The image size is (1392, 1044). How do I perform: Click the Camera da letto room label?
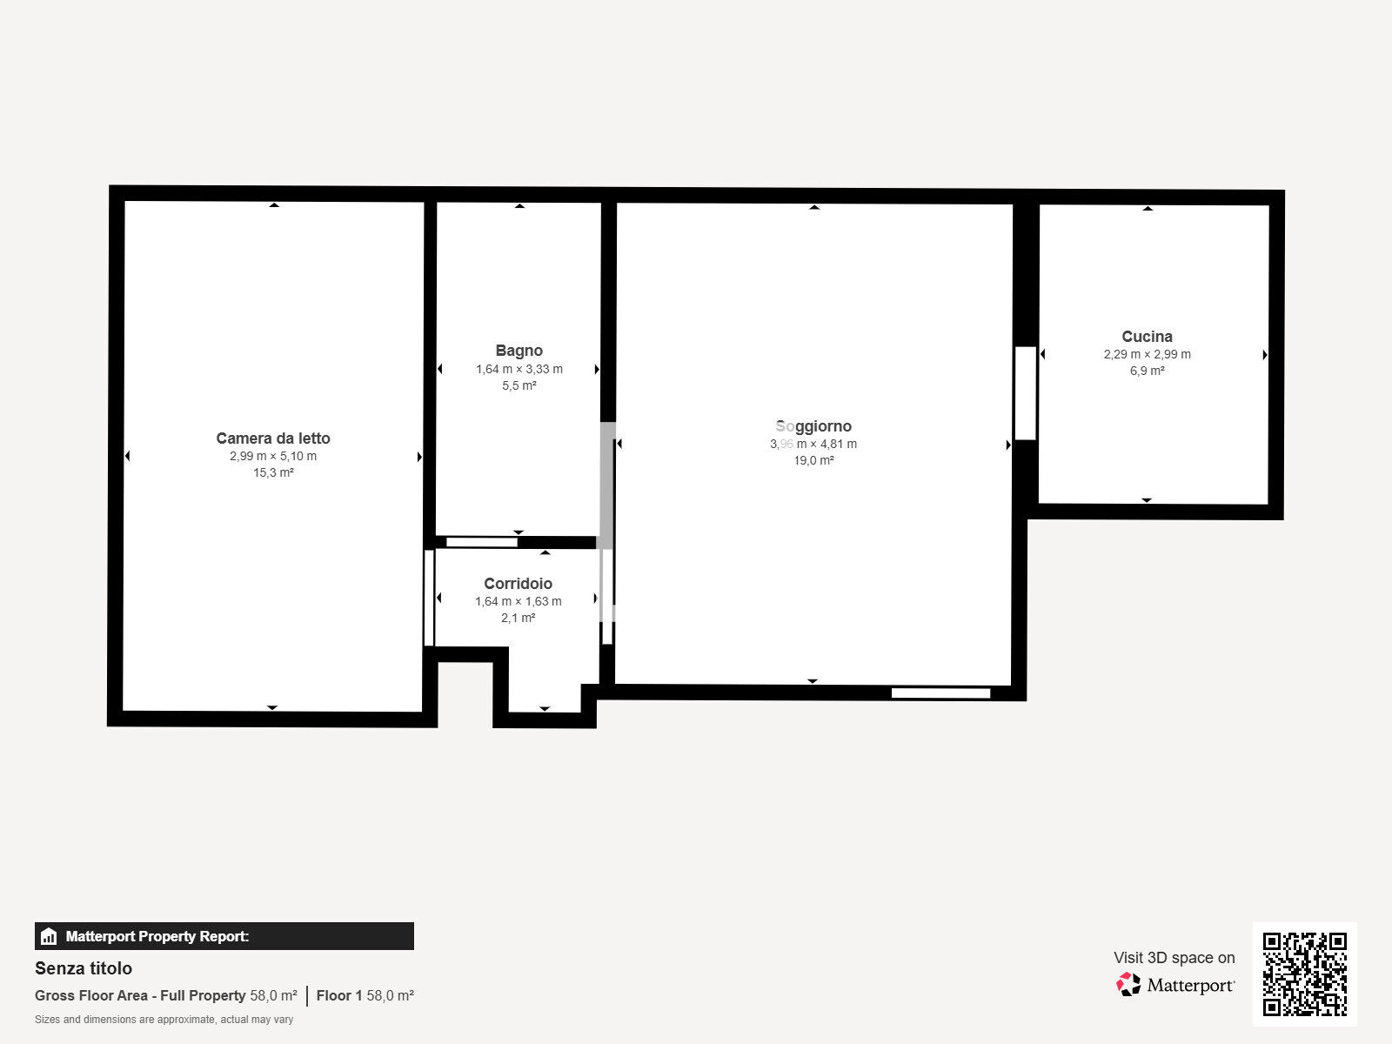click(x=272, y=438)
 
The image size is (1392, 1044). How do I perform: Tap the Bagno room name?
click(x=519, y=351)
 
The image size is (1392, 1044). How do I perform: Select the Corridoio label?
click(x=519, y=583)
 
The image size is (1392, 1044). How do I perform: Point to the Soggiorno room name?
click(x=813, y=426)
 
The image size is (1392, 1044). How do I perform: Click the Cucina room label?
click(x=1148, y=337)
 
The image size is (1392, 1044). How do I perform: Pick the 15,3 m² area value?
click(x=273, y=473)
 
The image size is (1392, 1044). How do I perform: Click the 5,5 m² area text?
click(x=519, y=385)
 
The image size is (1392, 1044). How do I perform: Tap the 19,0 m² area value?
click(x=813, y=460)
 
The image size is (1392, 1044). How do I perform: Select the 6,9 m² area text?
click(x=1148, y=371)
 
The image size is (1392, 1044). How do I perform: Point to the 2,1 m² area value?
click(x=519, y=618)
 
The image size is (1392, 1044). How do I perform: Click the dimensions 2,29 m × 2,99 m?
click(x=1148, y=354)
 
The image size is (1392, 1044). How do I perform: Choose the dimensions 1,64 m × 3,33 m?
click(x=519, y=369)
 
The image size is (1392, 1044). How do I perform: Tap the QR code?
click(x=1304, y=974)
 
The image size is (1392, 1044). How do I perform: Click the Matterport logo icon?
click(x=1128, y=985)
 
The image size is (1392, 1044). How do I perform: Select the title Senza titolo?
click(x=84, y=968)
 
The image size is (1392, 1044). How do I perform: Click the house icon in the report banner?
click(x=49, y=936)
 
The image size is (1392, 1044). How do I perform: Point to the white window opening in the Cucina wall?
click(x=1026, y=393)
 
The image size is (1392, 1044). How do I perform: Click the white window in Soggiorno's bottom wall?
click(x=941, y=693)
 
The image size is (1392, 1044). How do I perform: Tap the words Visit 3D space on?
click(x=1174, y=958)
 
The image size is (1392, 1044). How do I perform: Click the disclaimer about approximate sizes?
click(x=164, y=1020)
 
